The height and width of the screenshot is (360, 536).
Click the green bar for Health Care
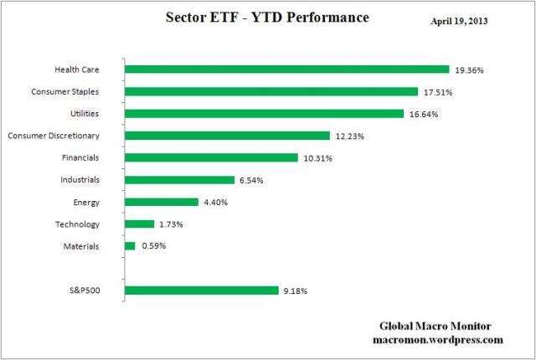(x=286, y=69)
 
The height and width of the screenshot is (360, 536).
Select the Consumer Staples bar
(x=271, y=91)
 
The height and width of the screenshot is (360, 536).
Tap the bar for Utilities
(x=264, y=113)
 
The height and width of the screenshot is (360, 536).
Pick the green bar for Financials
(x=211, y=157)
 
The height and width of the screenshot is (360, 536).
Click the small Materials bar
(x=130, y=246)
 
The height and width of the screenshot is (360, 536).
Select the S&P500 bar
(x=201, y=291)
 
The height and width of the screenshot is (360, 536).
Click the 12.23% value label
(x=350, y=136)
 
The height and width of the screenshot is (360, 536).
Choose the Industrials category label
(x=80, y=180)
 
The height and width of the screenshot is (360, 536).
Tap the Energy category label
(x=87, y=202)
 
